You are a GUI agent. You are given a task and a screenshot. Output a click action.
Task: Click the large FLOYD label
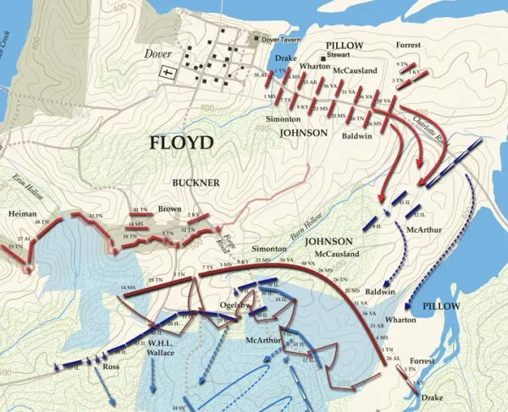181,142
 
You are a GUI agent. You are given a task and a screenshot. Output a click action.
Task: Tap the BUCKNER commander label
196,182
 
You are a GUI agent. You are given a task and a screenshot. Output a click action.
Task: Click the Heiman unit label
23,215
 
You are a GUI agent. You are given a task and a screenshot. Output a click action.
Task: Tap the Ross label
110,368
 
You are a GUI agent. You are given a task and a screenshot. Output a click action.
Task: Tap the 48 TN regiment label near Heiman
44,222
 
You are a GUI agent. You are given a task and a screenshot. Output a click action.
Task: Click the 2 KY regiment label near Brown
193,216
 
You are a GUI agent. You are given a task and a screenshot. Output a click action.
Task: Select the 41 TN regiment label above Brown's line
141,210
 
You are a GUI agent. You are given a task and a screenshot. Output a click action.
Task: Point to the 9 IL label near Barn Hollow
376,228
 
